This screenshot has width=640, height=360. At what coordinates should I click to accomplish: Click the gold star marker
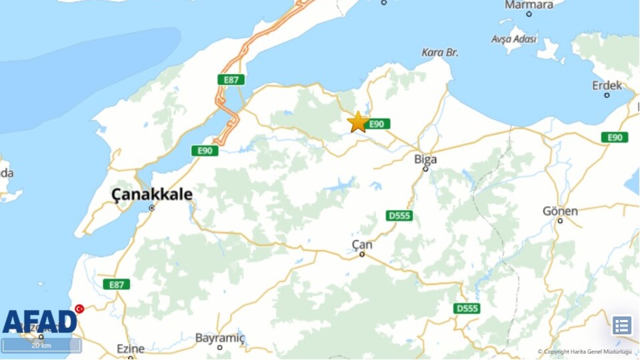[x=358, y=122]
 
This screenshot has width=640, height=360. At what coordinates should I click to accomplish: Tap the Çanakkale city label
[x=152, y=195]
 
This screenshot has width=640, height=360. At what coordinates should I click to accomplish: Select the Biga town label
[x=425, y=159]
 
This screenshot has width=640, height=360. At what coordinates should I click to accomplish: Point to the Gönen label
[x=560, y=211]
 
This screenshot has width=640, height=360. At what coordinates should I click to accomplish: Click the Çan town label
[x=362, y=245]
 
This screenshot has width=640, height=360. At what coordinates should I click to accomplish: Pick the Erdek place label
[x=607, y=85]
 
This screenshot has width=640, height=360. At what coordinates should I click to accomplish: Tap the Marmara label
[x=529, y=5]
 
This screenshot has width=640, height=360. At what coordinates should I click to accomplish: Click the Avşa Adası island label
[x=514, y=39]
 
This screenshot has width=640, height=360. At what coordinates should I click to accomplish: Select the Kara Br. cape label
[x=440, y=52]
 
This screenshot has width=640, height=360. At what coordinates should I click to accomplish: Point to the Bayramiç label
[x=219, y=338]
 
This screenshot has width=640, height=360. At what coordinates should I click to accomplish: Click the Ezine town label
[x=131, y=349]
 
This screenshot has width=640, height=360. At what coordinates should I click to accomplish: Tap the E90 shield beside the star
[x=377, y=124]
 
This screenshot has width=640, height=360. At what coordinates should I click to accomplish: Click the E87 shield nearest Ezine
[x=117, y=285]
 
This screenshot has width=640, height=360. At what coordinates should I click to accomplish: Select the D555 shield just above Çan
[x=399, y=215]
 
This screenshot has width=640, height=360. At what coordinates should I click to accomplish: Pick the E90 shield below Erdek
[x=614, y=137]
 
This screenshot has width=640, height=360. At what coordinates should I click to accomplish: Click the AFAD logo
[x=40, y=321]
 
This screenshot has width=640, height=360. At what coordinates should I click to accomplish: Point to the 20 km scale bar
[x=41, y=345]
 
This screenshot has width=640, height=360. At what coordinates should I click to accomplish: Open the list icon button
[x=621, y=325]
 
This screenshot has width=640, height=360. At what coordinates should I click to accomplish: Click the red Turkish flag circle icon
[x=79, y=309]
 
